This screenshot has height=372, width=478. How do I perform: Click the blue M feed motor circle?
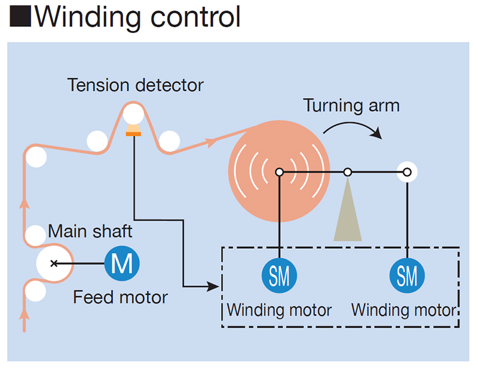(122, 263)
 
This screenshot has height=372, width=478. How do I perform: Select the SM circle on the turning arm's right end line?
(407, 276)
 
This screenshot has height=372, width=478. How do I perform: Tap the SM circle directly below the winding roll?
(279, 276)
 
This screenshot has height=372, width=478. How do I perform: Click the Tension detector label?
(136, 85)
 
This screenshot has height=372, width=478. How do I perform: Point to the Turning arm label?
(351, 106)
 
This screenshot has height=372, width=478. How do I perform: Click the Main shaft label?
(90, 231)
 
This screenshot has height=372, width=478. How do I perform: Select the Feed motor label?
(120, 297)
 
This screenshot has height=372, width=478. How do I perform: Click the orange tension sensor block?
(133, 132)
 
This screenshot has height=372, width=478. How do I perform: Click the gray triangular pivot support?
(348, 215)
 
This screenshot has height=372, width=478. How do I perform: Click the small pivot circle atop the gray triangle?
(348, 172)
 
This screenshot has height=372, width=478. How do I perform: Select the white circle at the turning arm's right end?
(407, 172)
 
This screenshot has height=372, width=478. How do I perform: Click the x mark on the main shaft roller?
(54, 263)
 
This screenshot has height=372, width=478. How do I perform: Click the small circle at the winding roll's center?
(279, 172)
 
